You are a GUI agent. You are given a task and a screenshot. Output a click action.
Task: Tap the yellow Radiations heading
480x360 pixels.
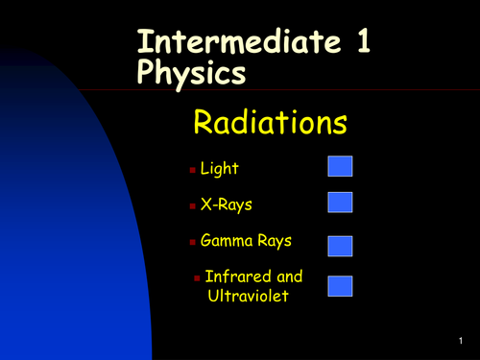[270, 123]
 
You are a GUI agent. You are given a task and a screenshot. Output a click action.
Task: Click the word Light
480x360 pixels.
[219, 169]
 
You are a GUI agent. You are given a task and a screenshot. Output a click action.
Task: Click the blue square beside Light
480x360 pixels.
[341, 167]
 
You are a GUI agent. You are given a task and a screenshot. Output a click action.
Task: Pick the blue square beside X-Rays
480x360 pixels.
[341, 202]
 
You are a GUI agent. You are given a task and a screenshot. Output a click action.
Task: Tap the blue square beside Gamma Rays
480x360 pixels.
[341, 246]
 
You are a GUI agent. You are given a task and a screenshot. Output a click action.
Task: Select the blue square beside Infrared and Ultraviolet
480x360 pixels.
[341, 285]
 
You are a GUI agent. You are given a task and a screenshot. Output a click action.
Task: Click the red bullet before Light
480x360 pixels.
[191, 170]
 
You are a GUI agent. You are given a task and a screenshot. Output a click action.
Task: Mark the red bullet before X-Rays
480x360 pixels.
[191, 204]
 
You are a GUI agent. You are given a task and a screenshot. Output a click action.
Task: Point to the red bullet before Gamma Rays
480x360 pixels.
[191, 240]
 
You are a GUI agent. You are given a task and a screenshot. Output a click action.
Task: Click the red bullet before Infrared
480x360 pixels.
[197, 277]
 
